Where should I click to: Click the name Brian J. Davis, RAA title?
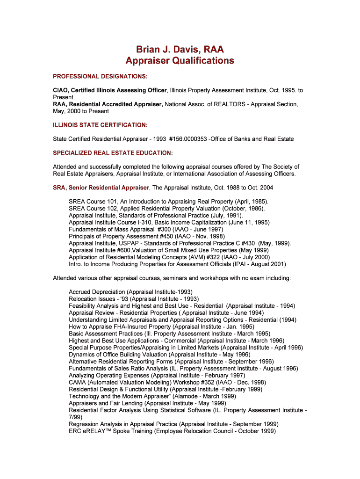[180, 49]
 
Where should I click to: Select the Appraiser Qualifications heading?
[180, 61]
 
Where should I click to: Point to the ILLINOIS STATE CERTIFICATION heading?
[100, 125]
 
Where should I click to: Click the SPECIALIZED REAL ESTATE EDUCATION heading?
[113, 153]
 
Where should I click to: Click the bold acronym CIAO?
[62, 90]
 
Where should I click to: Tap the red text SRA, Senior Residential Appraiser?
[101, 188]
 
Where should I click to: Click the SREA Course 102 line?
[167, 209]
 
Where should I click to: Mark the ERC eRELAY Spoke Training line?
[172, 431]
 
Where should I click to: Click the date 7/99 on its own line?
[75, 417]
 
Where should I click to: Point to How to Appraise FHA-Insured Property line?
[161, 327]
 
